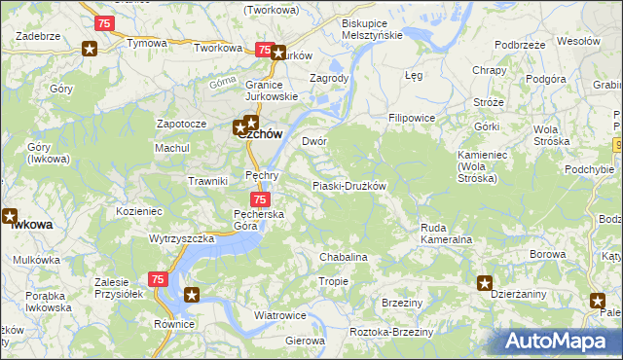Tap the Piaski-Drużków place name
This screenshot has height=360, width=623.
(x=349, y=186)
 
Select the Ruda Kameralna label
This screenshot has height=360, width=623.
(x=446, y=233)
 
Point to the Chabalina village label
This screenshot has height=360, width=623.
(x=344, y=257)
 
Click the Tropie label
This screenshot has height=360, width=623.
(x=333, y=281)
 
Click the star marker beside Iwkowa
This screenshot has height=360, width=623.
(x=10, y=217)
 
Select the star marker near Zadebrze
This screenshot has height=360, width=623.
(x=90, y=49)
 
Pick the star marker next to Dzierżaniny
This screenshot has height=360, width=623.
(x=485, y=283)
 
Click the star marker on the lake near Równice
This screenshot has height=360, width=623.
(x=192, y=295)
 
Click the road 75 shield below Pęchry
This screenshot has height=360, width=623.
(x=246, y=198)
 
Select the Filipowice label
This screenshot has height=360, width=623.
(x=411, y=118)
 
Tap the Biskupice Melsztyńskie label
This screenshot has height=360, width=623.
(x=372, y=28)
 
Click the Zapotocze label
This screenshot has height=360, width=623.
(x=182, y=125)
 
